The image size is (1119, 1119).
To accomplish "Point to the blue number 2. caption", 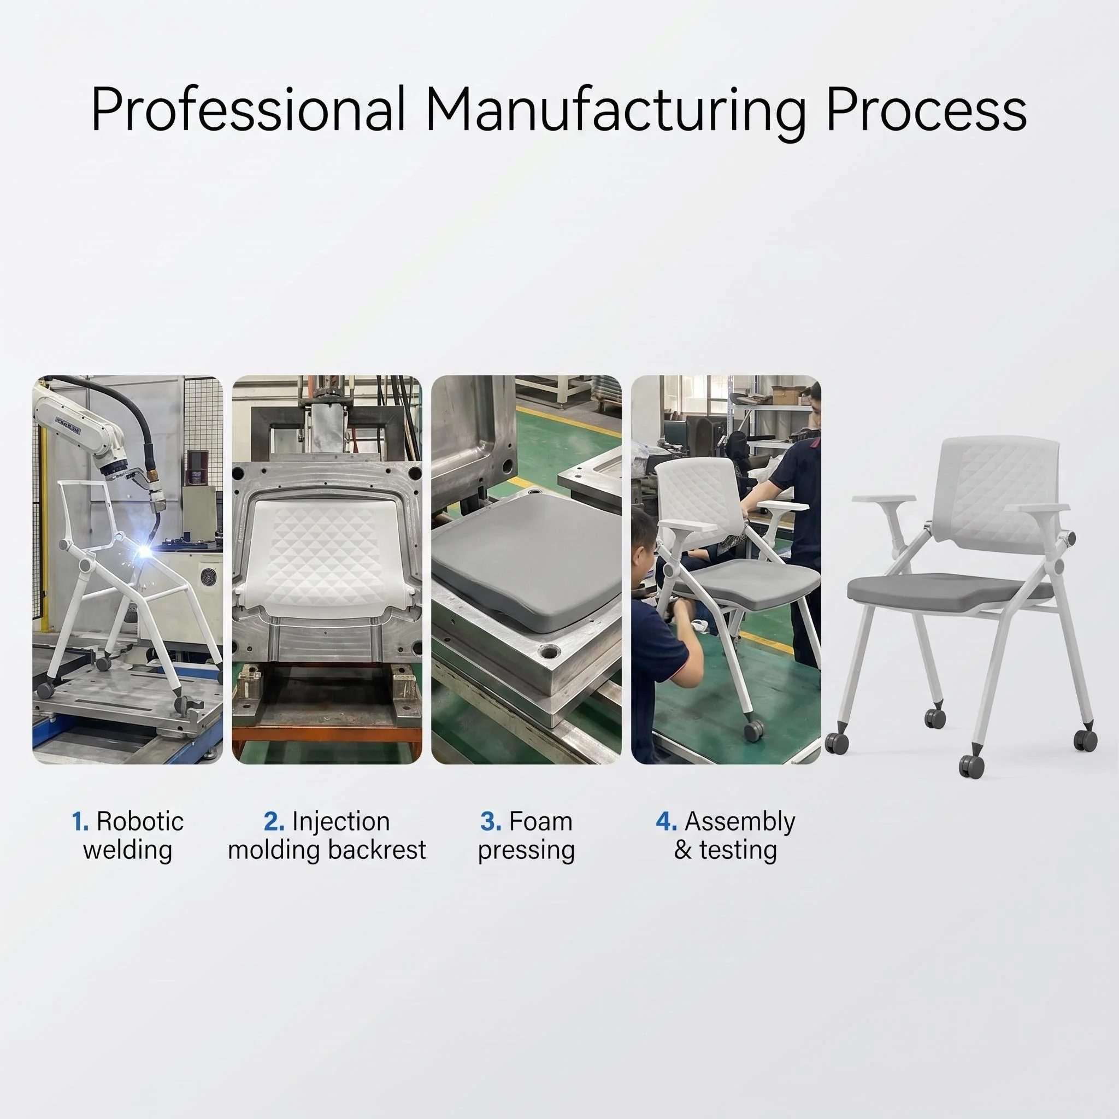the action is click(x=274, y=822).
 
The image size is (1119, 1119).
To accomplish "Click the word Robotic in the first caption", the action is click(x=140, y=822).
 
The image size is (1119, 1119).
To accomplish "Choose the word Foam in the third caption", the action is click(x=541, y=822).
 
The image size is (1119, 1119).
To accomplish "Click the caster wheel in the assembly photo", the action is click(x=753, y=732).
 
